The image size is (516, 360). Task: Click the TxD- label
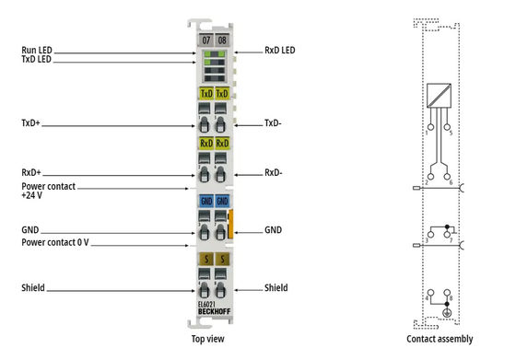pos(274,122)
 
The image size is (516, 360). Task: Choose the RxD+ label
pos(32,172)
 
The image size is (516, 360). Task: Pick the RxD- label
pos(274,172)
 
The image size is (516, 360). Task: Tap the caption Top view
pos(210,339)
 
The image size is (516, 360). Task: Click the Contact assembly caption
pos(440,339)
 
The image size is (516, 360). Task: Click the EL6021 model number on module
pos(208,304)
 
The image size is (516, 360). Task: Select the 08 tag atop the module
pos(222,41)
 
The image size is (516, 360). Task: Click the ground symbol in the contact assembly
pos(447,315)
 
